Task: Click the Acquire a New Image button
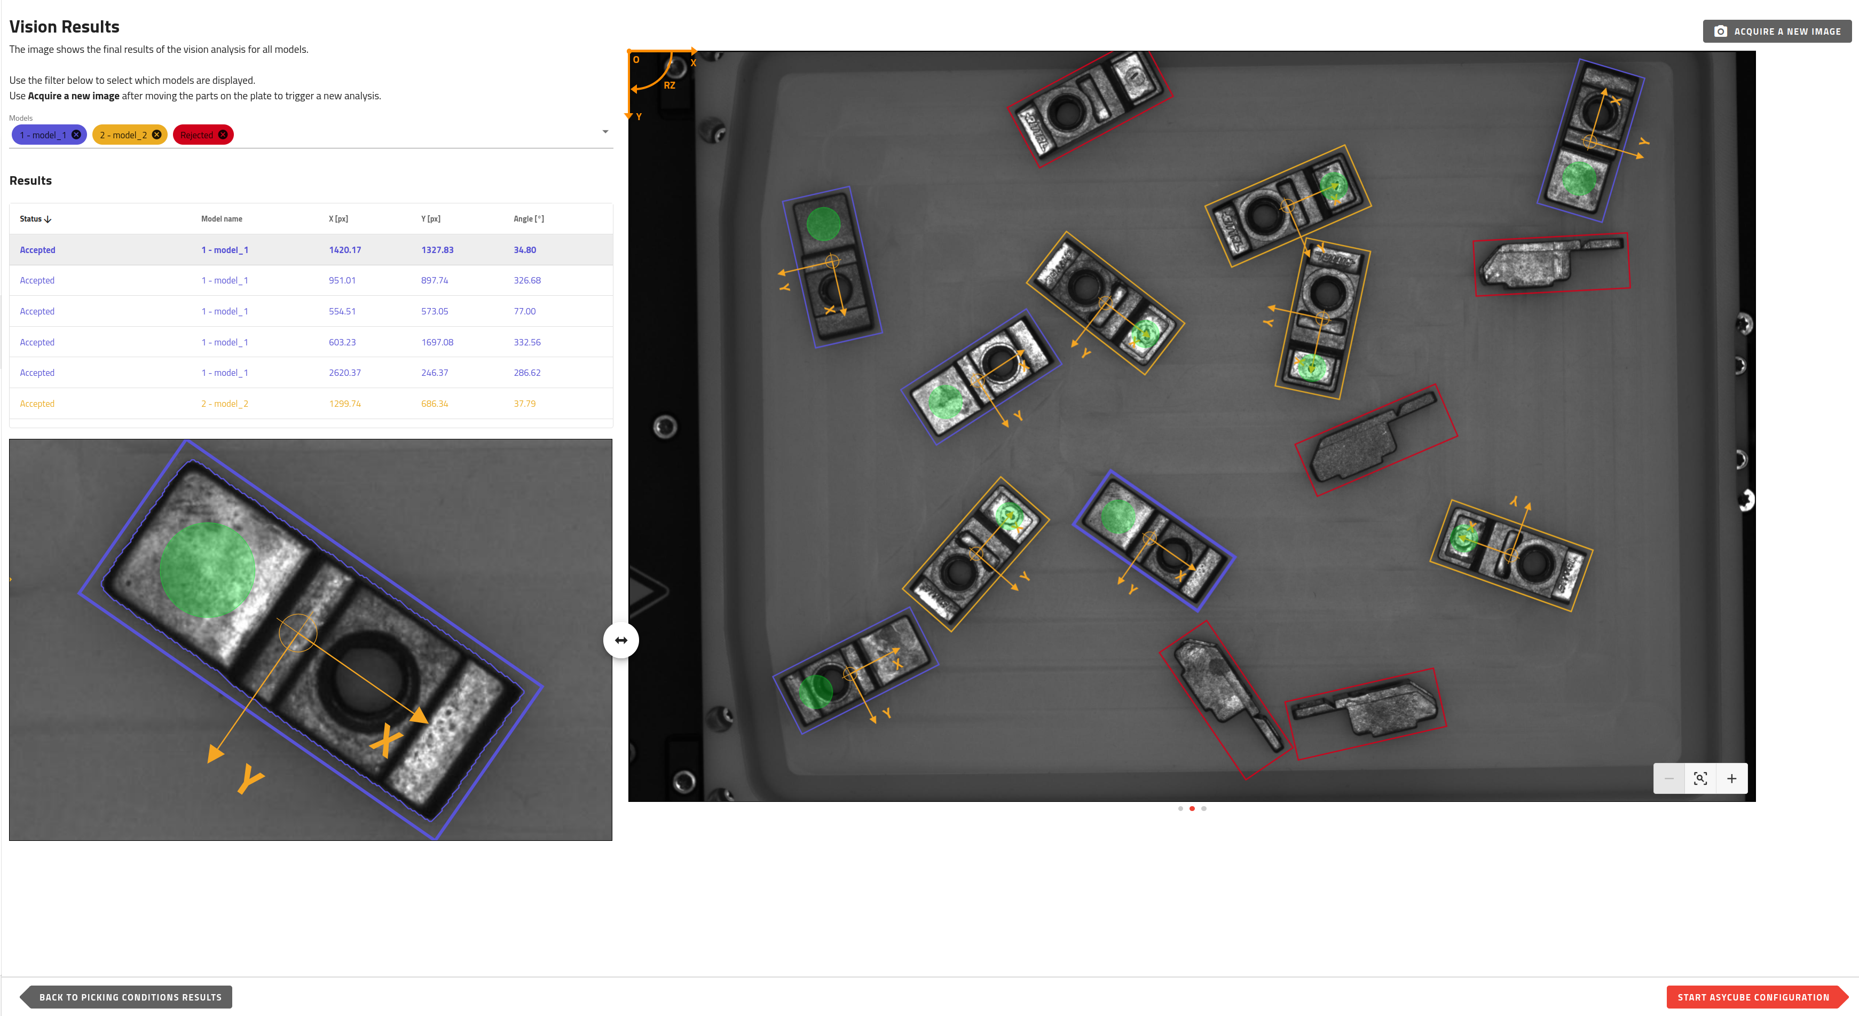point(1777,31)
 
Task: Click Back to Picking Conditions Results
point(130,997)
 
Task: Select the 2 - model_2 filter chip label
point(123,135)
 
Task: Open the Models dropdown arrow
point(605,131)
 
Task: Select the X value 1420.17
point(345,250)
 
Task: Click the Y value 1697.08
point(437,342)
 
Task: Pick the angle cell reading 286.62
point(527,372)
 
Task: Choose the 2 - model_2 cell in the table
point(224,404)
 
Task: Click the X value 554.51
point(342,311)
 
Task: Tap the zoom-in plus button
point(1731,778)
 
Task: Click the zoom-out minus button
point(1669,778)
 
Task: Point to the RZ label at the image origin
point(669,85)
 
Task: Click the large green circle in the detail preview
point(207,569)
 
